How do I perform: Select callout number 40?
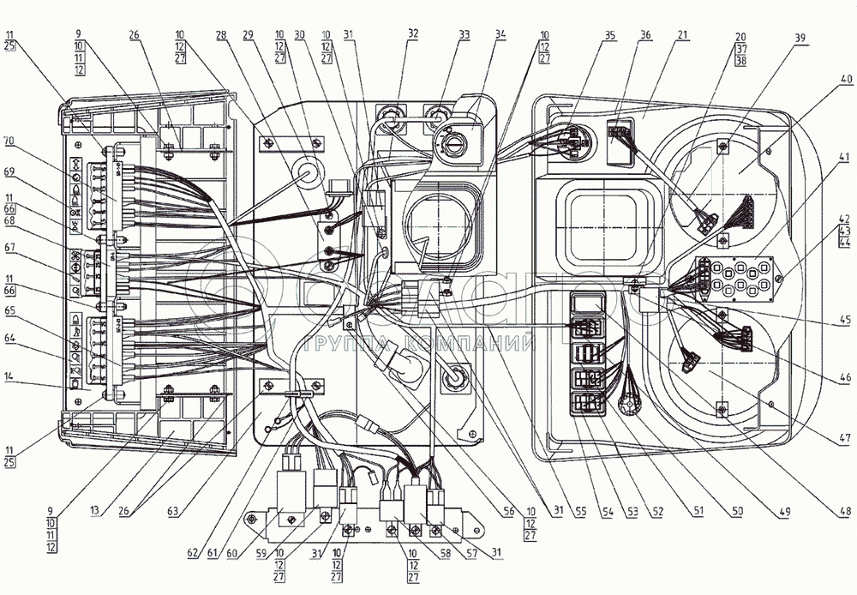(847, 79)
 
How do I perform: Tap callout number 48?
(847, 512)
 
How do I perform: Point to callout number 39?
(800, 39)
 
